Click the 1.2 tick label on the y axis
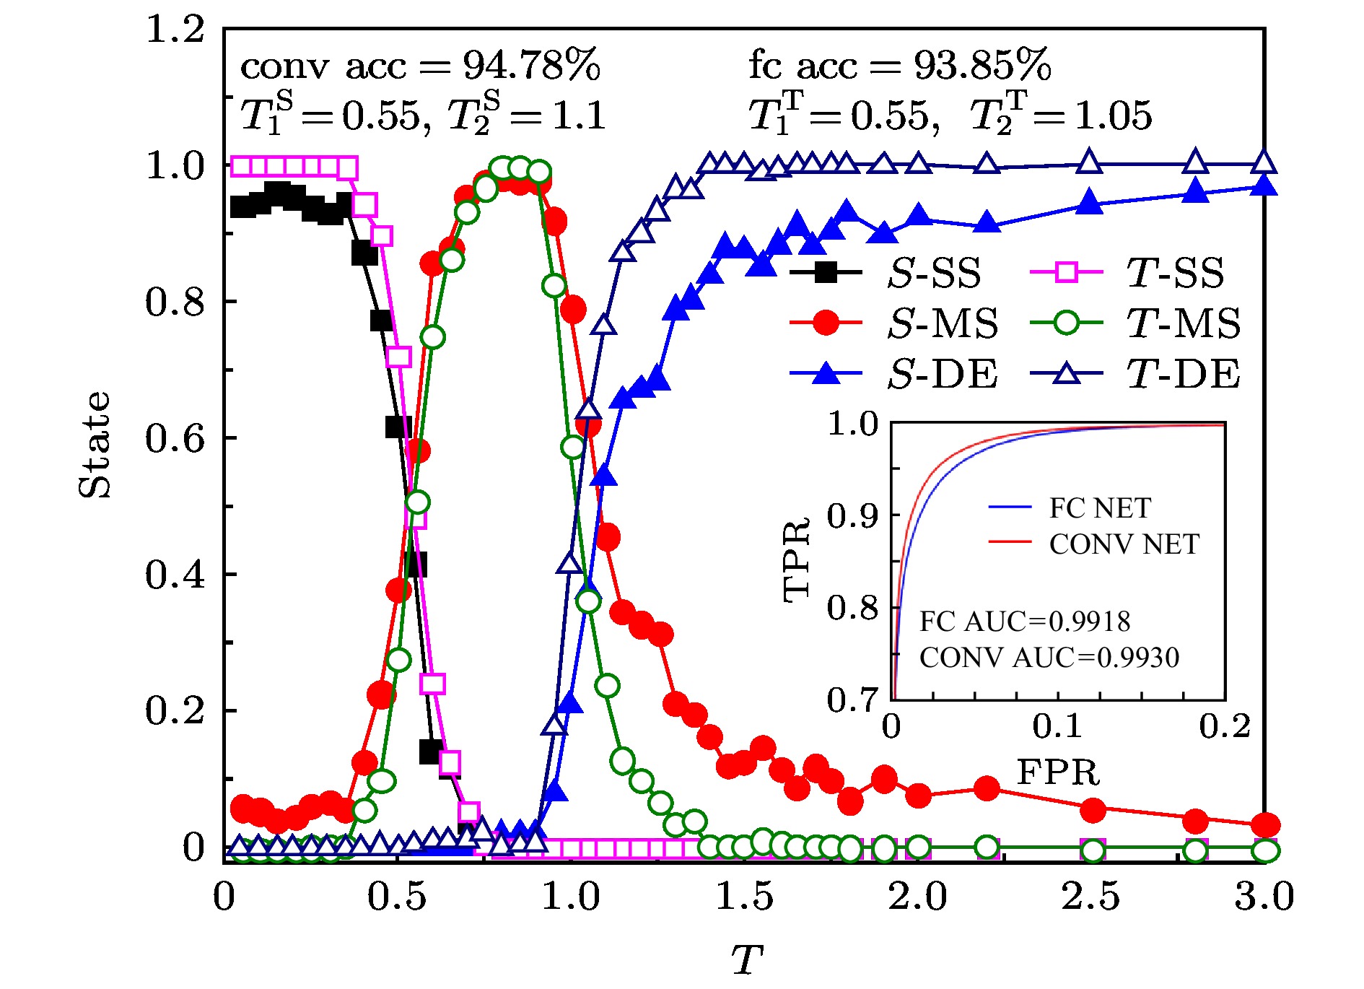click(x=175, y=30)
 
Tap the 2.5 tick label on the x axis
click(x=1090, y=897)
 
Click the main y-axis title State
click(x=95, y=445)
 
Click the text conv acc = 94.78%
click(x=420, y=66)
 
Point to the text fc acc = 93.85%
click(x=899, y=66)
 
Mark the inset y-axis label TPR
click(x=797, y=560)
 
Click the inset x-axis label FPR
click(x=1058, y=772)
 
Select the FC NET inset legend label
click(x=1100, y=508)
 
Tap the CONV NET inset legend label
click(x=1124, y=544)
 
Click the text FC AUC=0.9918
click(x=1025, y=622)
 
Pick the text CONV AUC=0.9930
click(x=1049, y=658)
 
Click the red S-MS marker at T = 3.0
click(x=1265, y=824)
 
